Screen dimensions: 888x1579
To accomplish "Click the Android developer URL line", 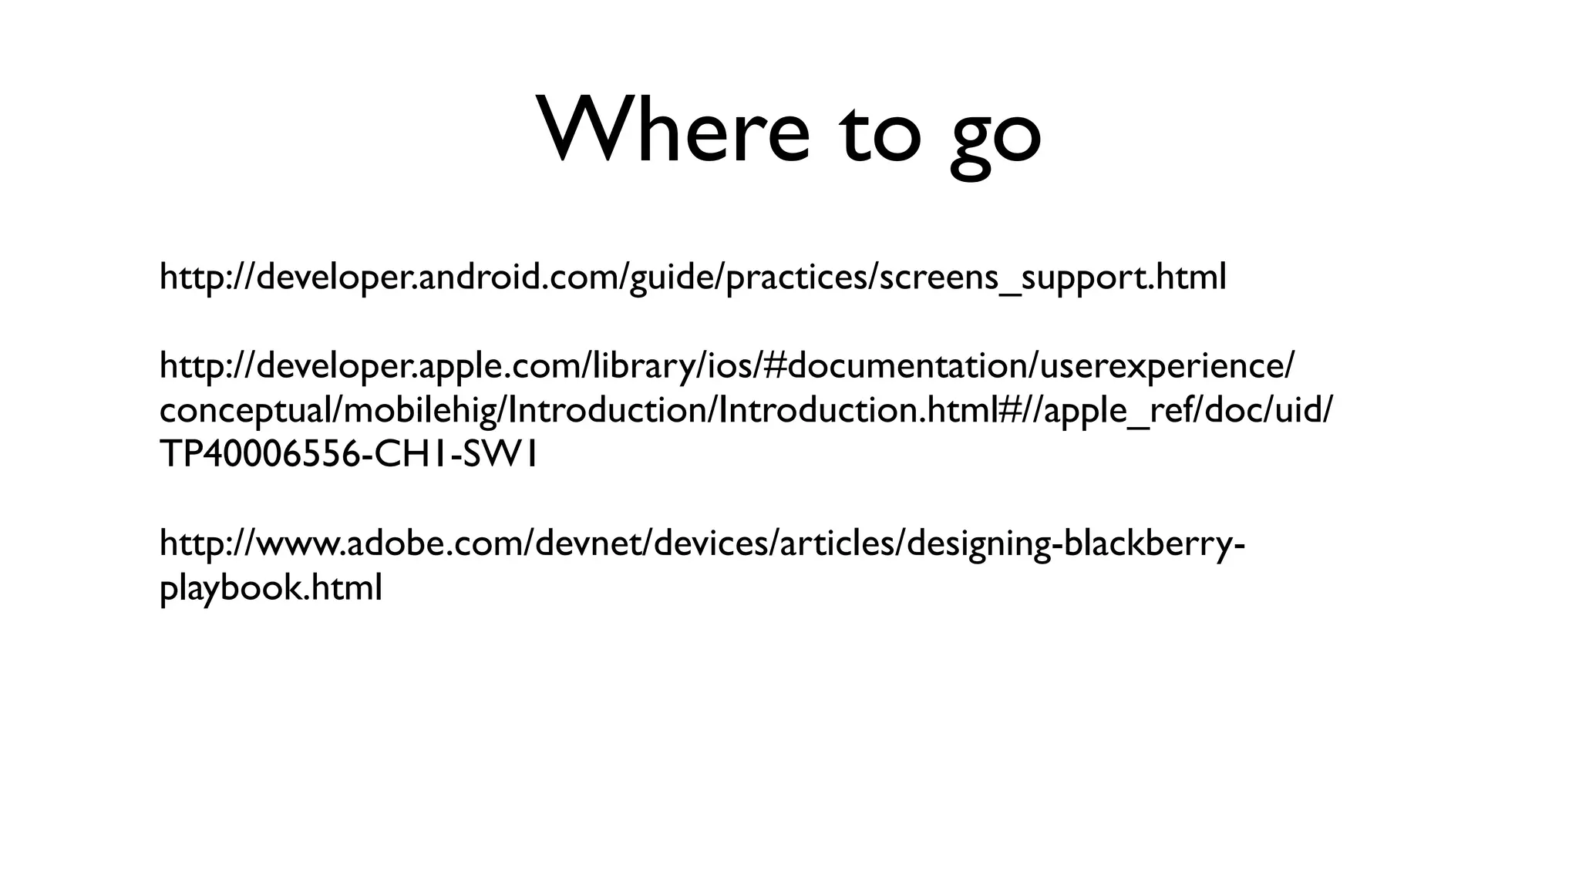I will pyautogui.click(x=692, y=277).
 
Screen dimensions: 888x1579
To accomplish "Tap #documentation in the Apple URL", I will pyautogui.click(x=896, y=366).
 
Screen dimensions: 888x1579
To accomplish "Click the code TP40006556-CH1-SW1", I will pyautogui.click(x=348, y=455).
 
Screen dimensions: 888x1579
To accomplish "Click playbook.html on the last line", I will pyautogui.click(x=271, y=589).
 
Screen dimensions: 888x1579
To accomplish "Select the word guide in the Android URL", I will pyautogui.click(x=674, y=277).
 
